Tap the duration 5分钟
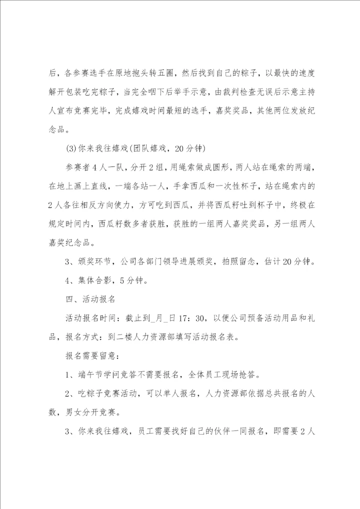tap(132, 280)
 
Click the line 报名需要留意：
tap(92, 355)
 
